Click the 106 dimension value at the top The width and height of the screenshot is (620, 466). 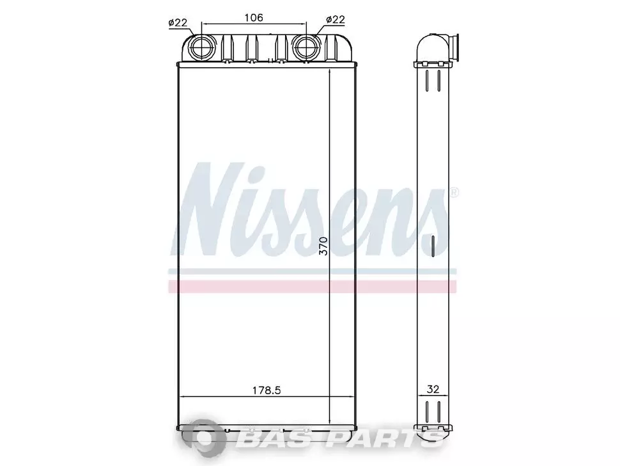coord(254,17)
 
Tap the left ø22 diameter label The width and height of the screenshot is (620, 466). coord(178,22)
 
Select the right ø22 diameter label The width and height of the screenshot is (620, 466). coord(336,19)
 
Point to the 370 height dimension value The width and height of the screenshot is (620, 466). coord(323,246)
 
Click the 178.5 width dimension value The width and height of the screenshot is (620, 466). coord(267,390)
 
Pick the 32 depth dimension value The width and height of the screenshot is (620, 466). coord(433,389)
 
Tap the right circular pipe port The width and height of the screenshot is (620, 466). coord(306,46)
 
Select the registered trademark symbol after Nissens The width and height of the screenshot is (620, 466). coord(454,193)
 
